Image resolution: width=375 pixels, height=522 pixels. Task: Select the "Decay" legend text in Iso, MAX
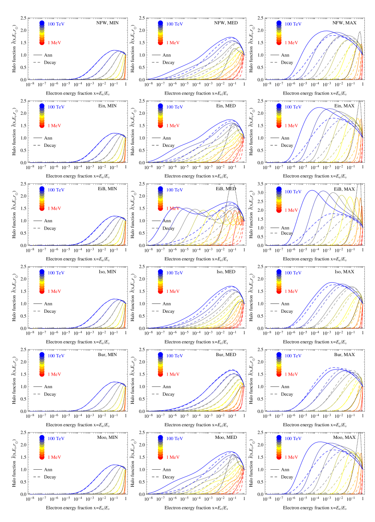point(287,311)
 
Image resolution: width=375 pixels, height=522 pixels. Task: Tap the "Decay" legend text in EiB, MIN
point(50,228)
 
